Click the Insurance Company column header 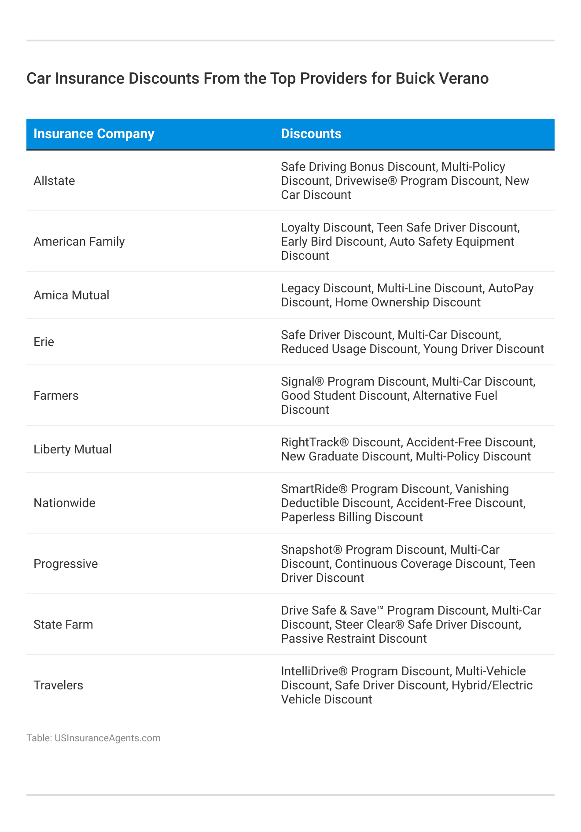click(94, 134)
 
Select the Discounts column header click(311, 134)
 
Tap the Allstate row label click(54, 181)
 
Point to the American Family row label click(79, 242)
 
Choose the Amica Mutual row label click(71, 295)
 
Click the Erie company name click(44, 342)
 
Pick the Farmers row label click(56, 396)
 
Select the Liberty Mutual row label click(73, 449)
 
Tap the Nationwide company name click(64, 503)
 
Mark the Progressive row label click(66, 564)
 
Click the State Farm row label click(63, 625)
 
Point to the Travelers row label click(58, 685)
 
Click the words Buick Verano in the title click(442, 78)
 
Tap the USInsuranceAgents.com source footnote click(93, 738)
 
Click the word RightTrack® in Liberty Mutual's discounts click(315, 442)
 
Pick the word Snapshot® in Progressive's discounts click(312, 550)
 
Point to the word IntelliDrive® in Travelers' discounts click(314, 671)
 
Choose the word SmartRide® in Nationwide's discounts click(314, 489)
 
